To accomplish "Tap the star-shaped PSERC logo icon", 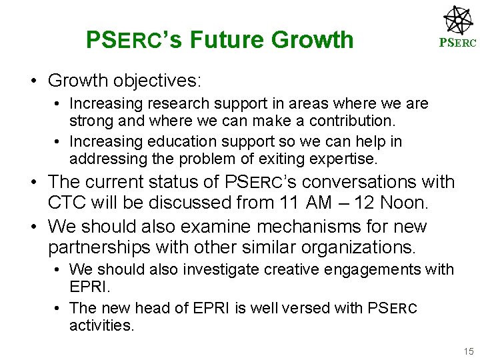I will click(459, 20).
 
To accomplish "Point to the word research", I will click(175, 104).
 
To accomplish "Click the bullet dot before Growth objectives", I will click(33, 81).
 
